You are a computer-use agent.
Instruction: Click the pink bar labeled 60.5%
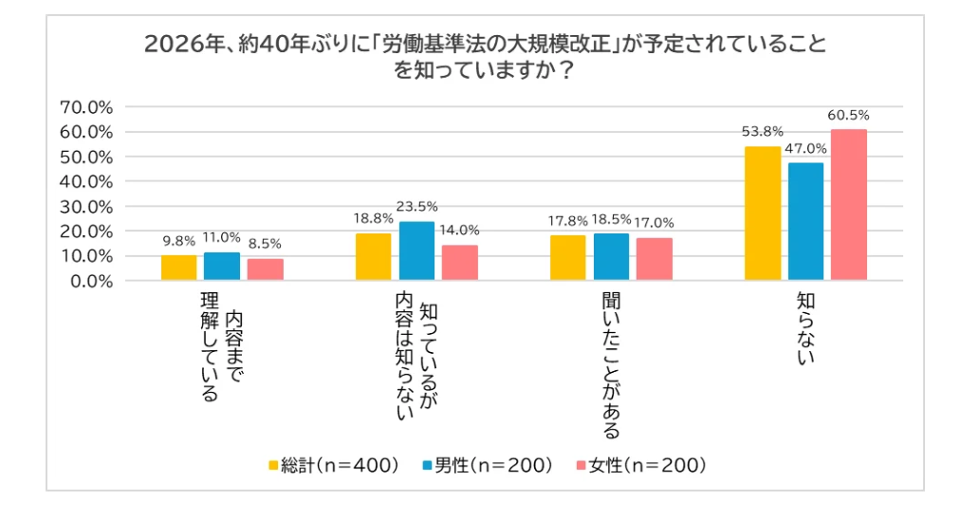pos(848,205)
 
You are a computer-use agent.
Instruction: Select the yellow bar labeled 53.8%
pos(762,213)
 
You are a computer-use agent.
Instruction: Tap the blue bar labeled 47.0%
pos(805,222)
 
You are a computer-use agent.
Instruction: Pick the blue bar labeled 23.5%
pos(416,251)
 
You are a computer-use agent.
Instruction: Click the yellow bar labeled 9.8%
pos(178,269)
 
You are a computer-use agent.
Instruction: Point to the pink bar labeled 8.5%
pos(265,270)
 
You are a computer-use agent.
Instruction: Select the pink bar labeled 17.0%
pos(654,260)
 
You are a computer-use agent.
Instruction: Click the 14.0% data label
pos(460,230)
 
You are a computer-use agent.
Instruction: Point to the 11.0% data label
pos(221,237)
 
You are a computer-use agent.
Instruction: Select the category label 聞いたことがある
pos(611,365)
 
